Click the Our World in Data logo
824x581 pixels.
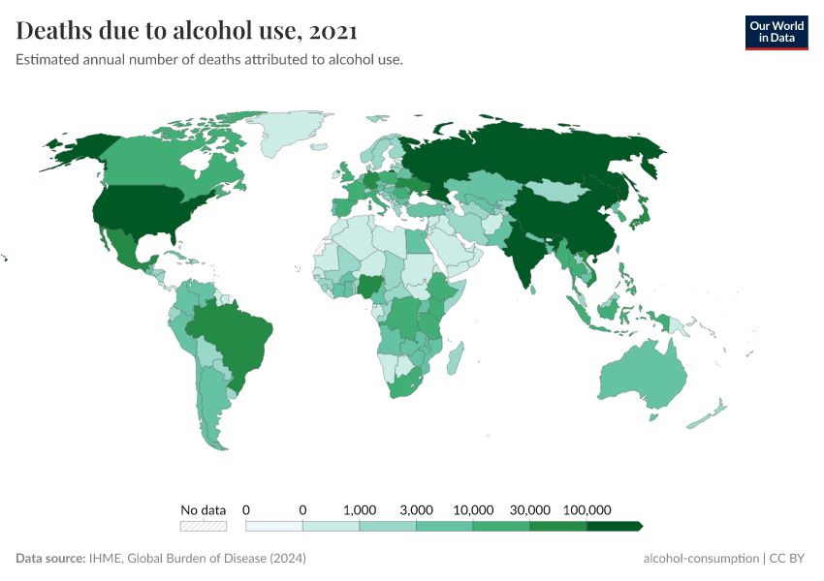tap(776, 31)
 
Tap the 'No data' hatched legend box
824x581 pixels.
tap(204, 526)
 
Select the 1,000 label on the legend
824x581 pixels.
tap(360, 509)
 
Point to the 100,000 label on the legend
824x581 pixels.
tap(586, 509)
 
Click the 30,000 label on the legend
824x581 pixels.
tap(530, 509)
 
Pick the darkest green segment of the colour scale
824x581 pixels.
tap(614, 526)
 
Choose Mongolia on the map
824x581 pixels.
tap(559, 190)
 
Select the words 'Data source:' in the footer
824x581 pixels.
tap(50, 559)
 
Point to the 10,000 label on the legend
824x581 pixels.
tap(473, 509)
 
